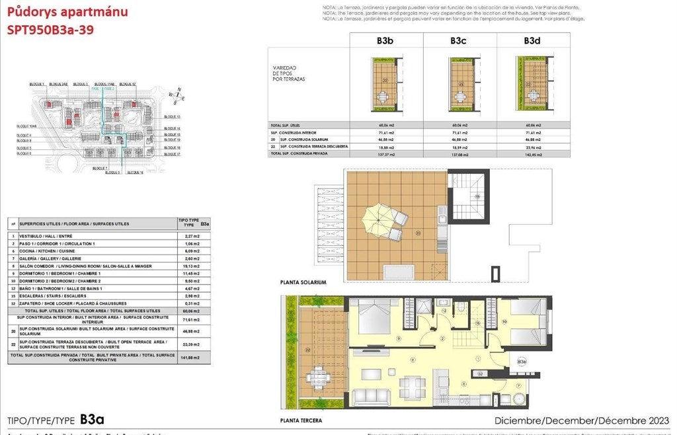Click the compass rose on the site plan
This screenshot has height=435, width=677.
pyautogui.click(x=177, y=97)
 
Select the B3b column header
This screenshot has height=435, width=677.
pyautogui.click(x=385, y=40)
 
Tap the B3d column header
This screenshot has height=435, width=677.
pyautogui.click(x=532, y=40)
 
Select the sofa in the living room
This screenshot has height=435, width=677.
pyautogui.click(x=376, y=397)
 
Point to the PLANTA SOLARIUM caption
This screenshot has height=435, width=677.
pyautogui.click(x=303, y=282)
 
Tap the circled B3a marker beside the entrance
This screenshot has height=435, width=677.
pyautogui.click(x=522, y=362)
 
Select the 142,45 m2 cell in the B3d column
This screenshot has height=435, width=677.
pyautogui.click(x=532, y=154)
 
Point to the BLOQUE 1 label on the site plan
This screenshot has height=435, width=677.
pyautogui.click(x=37, y=85)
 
